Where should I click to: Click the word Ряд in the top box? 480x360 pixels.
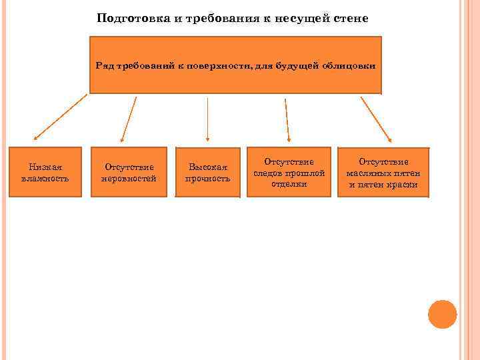coord(105,66)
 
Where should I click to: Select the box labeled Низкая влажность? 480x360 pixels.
coord(45,172)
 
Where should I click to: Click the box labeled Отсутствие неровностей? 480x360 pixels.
coord(129,173)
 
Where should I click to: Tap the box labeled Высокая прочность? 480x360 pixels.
coord(207,173)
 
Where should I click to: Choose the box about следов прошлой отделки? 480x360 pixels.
coord(289,172)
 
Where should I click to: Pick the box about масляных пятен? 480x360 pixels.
coord(383,172)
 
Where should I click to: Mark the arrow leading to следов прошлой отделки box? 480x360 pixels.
coord(287,120)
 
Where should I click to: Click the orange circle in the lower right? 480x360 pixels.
coord(442,314)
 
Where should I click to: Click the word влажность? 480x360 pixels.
coord(45,179)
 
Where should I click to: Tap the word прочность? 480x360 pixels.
coord(207,179)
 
